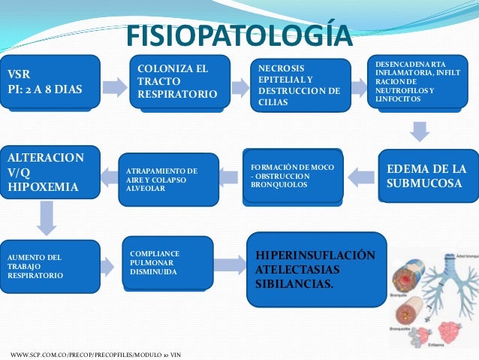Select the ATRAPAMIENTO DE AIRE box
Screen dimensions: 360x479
coord(169,180)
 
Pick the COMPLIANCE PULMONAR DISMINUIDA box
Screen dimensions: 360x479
coord(167,263)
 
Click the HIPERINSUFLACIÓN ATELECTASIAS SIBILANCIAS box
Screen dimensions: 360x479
coord(316,269)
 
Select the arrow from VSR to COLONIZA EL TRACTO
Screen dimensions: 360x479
coord(115,86)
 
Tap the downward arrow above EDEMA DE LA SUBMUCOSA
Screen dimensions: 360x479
coord(420,132)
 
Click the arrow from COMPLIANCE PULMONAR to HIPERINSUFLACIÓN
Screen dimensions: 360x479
coord(230,265)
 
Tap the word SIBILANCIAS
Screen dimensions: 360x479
coord(294,285)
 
